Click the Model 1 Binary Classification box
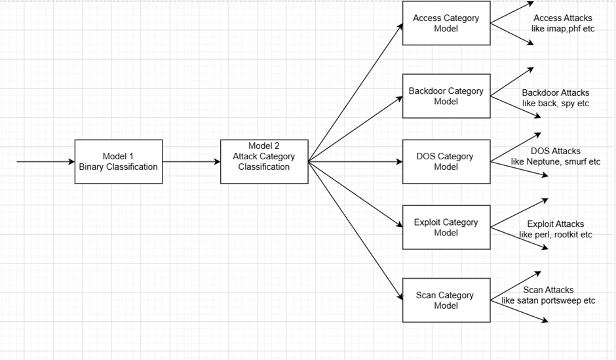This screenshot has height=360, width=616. click(118, 161)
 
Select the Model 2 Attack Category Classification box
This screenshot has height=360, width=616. click(264, 161)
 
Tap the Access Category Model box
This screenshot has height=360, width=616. click(446, 23)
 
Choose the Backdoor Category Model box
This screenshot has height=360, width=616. click(446, 96)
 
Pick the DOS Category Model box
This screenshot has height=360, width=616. click(446, 161)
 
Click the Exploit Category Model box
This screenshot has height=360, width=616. click(446, 227)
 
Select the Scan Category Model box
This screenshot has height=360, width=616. click(446, 300)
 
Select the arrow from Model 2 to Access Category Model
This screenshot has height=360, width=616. click(355, 92)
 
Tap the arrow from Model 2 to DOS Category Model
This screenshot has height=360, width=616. click(355, 161)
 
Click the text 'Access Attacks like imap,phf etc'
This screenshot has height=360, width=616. click(563, 24)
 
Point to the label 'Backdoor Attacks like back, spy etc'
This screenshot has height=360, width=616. click(556, 98)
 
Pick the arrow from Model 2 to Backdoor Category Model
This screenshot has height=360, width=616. click(355, 129)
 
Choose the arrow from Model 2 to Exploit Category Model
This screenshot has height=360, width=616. click(355, 194)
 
